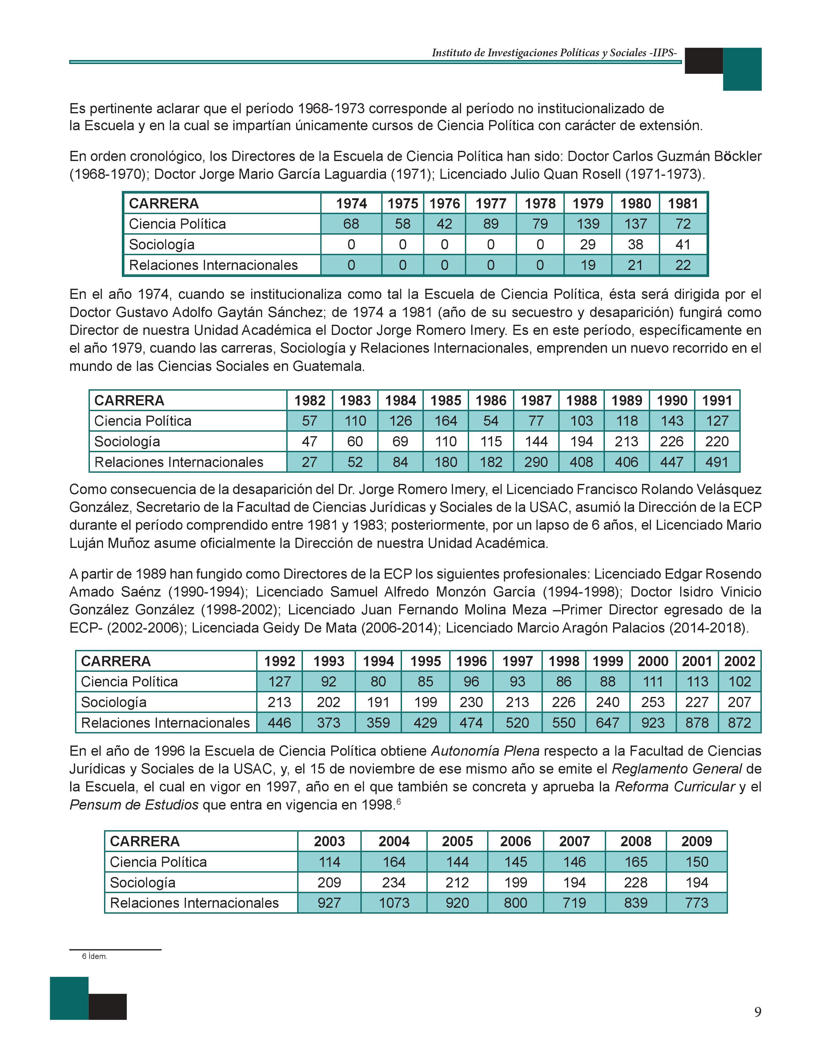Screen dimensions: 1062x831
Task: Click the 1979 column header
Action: tap(588, 203)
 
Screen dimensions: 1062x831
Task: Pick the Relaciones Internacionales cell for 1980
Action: tap(636, 265)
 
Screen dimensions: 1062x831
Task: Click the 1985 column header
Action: tap(446, 400)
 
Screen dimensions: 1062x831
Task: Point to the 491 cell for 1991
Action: tap(717, 462)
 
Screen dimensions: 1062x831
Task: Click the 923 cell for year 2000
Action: tap(653, 722)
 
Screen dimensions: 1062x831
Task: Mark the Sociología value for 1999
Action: tap(608, 702)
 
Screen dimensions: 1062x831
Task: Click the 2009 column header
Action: tap(697, 841)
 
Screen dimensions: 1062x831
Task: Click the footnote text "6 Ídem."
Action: tap(94, 956)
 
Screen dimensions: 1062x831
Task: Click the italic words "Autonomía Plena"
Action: tap(485, 751)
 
